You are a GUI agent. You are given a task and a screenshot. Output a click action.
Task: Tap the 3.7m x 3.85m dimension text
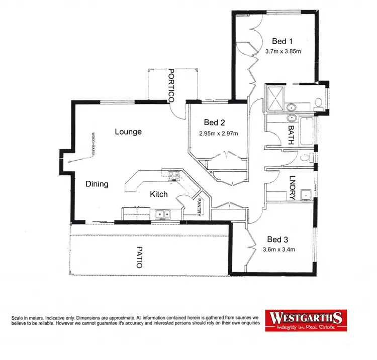coord(282,51)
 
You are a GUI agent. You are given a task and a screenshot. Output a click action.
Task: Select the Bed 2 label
coord(214,122)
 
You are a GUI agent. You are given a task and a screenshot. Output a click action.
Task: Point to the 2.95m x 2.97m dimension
coord(218,134)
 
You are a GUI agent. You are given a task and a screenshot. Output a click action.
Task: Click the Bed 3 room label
coord(277,239)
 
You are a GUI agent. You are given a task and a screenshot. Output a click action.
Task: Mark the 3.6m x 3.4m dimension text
coord(278,250)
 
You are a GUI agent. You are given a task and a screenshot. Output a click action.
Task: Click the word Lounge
coord(128,132)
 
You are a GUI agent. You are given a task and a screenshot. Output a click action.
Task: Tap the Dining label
coord(97,184)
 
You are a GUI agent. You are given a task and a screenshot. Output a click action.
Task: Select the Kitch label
coord(159,194)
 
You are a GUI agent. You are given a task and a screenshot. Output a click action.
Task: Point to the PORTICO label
coord(171,86)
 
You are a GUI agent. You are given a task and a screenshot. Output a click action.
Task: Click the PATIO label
coord(139,257)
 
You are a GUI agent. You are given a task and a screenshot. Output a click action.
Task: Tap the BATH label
coord(291,135)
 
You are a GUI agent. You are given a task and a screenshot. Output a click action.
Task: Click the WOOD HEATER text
coord(93,144)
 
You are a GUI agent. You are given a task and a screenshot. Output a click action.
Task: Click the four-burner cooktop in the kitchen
coord(174,176)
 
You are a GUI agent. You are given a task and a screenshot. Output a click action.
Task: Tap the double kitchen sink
coord(162,214)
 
